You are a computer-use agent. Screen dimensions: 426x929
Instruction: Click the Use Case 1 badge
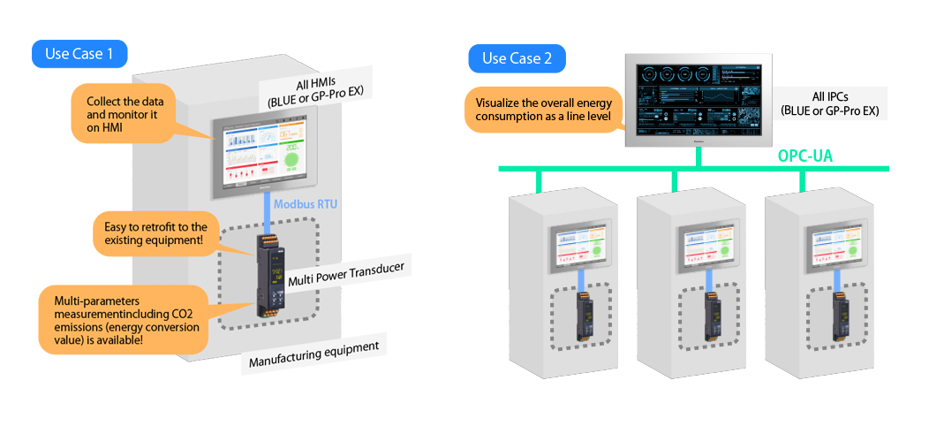(79, 54)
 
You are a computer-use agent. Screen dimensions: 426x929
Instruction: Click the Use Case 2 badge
(517, 59)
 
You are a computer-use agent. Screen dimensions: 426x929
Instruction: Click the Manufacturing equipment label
(313, 353)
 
